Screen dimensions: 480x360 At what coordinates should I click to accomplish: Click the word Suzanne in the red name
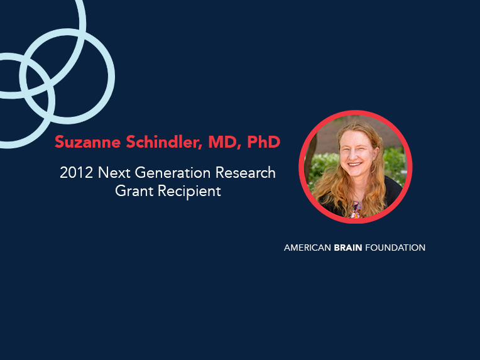[88, 142]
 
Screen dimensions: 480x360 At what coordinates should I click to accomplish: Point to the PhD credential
[264, 142]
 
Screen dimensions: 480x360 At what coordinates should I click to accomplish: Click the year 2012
[76, 173]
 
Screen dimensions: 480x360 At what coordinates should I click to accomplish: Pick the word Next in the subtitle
[114, 173]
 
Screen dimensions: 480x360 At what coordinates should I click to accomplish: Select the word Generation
[173, 173]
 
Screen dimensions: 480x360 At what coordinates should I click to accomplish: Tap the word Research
[246, 173]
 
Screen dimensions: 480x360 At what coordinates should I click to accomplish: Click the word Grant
[134, 191]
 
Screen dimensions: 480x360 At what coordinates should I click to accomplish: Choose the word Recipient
[189, 192]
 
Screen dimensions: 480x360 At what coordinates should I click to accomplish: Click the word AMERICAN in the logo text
[307, 248]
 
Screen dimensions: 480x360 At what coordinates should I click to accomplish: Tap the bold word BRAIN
[348, 248]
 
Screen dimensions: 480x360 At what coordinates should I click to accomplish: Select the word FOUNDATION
[395, 248]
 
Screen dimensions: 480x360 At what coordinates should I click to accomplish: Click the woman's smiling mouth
[355, 165]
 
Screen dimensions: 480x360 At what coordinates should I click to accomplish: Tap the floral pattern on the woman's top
[356, 210]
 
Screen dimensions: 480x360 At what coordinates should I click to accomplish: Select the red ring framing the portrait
[356, 112]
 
